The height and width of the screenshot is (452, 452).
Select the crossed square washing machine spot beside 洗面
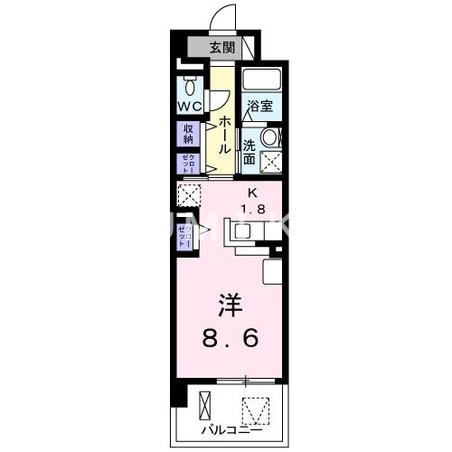(x=270, y=163)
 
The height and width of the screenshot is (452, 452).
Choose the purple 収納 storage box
(x=188, y=134)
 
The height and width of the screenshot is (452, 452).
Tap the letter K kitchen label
(x=253, y=192)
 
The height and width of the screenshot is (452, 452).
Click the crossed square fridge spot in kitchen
(x=188, y=195)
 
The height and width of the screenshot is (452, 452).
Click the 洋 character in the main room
(x=228, y=305)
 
